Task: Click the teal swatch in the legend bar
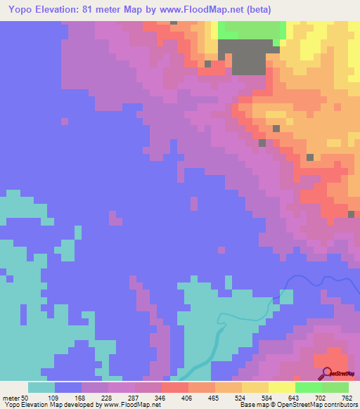41,387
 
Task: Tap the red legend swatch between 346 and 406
175,387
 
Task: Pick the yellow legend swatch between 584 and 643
282,387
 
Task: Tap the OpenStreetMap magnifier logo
327,373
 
